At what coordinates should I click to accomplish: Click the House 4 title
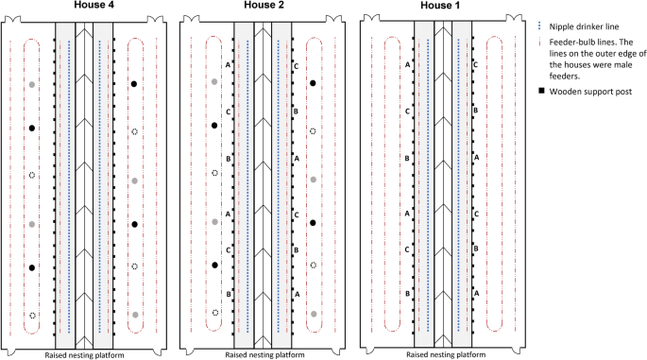click(90, 6)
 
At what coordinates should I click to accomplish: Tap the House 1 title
click(442, 6)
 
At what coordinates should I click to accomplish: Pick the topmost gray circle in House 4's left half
click(32, 84)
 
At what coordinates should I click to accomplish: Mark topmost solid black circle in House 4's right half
click(135, 84)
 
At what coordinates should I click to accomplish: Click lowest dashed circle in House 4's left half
click(32, 315)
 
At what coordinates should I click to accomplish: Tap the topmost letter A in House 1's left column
click(407, 64)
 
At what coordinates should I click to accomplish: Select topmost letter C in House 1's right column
click(475, 64)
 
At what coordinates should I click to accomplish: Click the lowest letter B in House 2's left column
click(229, 294)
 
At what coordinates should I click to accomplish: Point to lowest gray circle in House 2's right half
click(313, 313)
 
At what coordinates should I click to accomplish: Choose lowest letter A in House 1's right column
click(475, 294)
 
